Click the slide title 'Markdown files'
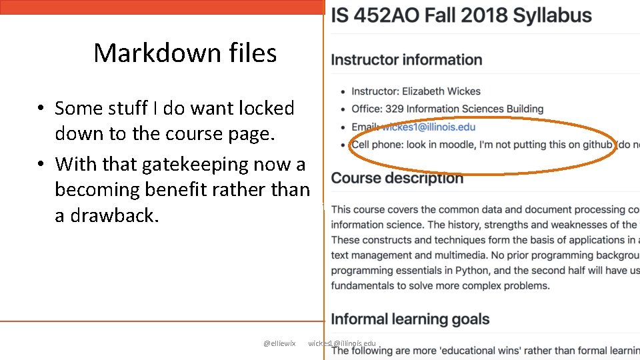(185, 53)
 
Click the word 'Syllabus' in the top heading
(549, 15)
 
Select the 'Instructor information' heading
(407, 60)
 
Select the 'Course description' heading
(397, 178)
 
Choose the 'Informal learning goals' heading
(411, 319)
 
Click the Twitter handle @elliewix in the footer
(279, 343)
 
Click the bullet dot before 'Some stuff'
(41, 108)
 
